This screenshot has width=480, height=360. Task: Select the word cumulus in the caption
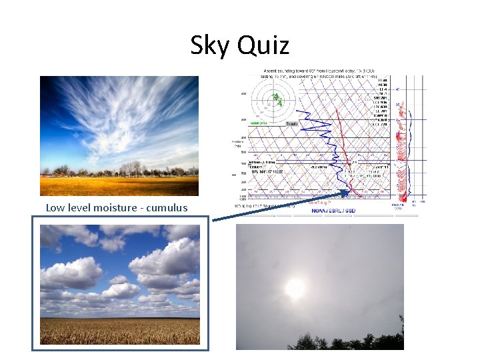point(167,207)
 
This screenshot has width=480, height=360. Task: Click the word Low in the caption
point(55,207)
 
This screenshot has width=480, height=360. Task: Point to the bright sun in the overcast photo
point(295,288)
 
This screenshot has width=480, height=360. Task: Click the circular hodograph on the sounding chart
point(273,101)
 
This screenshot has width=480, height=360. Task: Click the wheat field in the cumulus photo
point(119,330)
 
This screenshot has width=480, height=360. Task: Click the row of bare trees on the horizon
point(133,169)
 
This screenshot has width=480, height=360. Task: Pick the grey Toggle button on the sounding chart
point(291,123)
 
